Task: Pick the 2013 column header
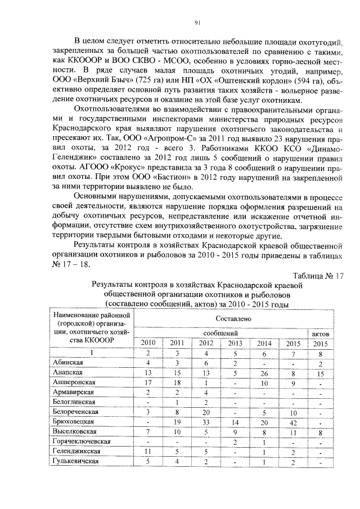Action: [234, 343]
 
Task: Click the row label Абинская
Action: [67, 362]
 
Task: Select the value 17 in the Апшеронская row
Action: [147, 382]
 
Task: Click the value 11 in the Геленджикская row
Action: [147, 451]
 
